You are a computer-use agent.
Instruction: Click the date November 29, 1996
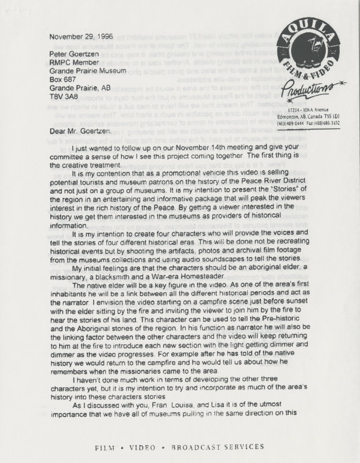point(78,35)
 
